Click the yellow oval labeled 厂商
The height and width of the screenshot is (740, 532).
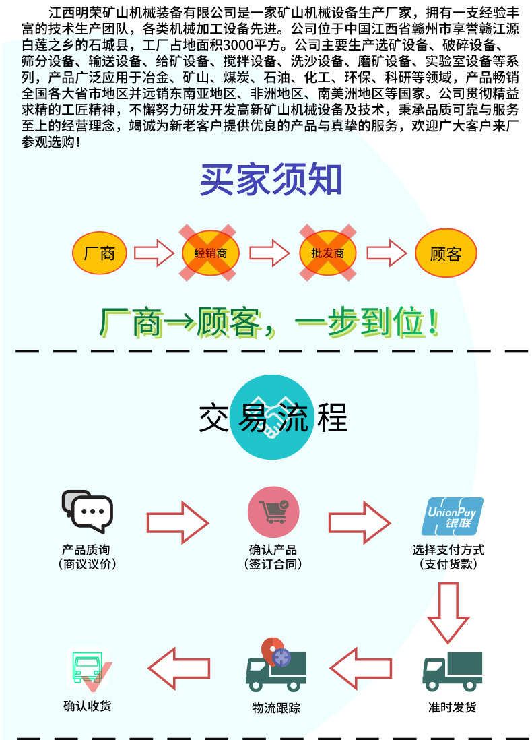pos(100,253)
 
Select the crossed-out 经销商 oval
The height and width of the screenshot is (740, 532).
pos(210,253)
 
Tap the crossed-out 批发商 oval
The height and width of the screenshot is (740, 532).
pos(327,253)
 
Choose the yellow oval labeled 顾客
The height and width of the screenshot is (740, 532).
pos(446,253)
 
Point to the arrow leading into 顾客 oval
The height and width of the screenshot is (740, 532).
pos(387,253)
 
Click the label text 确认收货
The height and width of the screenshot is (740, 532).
pos(88,706)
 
